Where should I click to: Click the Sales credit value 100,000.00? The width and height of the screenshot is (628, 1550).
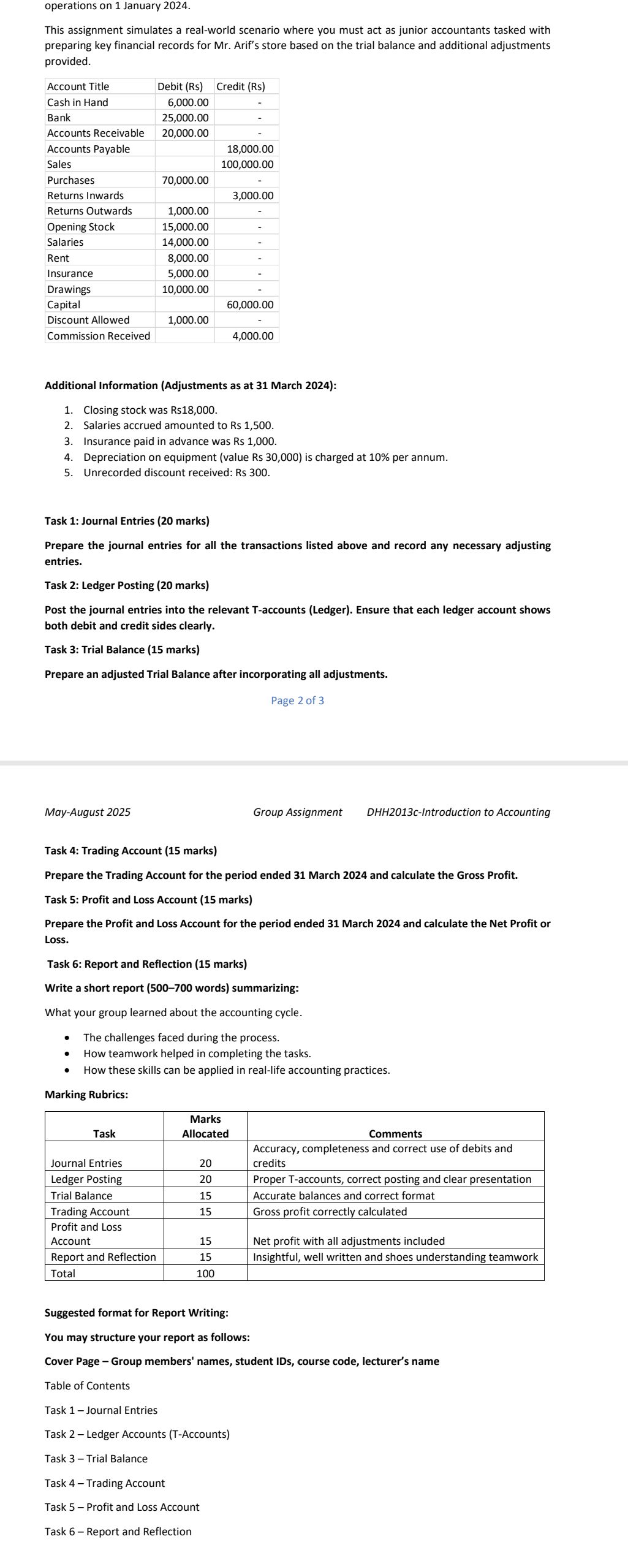coord(247,164)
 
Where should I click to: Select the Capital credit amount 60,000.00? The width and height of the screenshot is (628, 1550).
coord(250,305)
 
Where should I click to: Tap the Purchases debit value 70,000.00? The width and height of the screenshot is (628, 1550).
coord(185,180)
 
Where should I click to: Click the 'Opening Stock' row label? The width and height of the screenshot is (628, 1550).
coord(81,227)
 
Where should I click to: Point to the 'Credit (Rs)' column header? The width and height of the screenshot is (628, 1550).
coord(241,86)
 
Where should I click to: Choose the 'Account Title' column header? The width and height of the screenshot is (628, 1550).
coord(78,86)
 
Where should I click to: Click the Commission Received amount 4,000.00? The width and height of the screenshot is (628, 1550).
coord(253,336)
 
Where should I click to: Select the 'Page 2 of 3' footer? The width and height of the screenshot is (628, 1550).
coord(297,701)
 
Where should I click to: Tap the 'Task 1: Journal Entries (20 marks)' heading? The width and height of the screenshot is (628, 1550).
coord(127,521)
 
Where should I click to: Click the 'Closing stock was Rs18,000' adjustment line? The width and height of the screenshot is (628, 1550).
coord(150,409)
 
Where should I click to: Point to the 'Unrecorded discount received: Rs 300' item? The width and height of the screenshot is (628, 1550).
coord(176,473)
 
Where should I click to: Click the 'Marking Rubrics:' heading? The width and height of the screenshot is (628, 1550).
coord(86,1095)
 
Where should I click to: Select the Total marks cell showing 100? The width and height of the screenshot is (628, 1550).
coord(205,1273)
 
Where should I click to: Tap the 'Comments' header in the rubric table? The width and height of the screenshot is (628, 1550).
coord(395,1134)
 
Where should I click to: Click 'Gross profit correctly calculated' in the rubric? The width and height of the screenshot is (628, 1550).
coord(330,1212)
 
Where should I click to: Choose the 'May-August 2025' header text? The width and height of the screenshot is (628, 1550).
coord(88,812)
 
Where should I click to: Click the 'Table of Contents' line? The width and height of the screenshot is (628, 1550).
coord(87,1386)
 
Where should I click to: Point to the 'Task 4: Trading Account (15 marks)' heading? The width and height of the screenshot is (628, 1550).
coord(131,851)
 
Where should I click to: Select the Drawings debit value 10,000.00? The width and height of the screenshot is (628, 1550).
coord(185,289)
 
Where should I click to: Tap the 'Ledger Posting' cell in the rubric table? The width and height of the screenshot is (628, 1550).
coord(86,1179)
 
